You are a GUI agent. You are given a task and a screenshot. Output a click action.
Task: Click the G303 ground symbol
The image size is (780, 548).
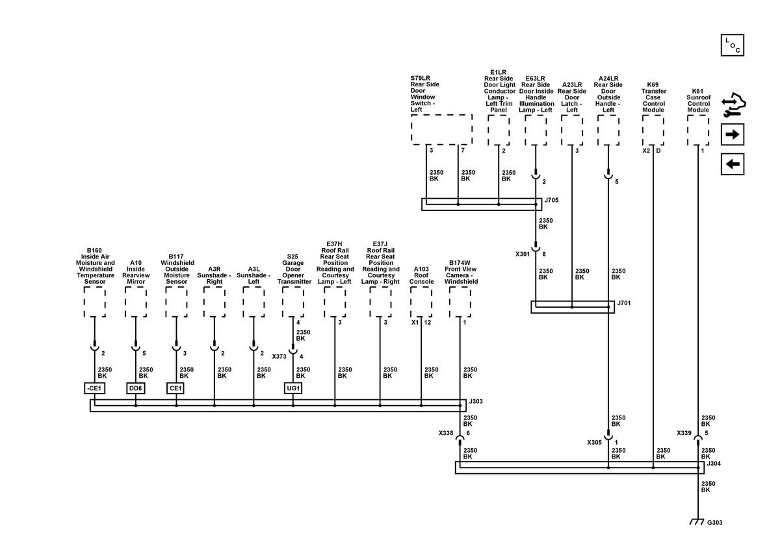click(x=696, y=521)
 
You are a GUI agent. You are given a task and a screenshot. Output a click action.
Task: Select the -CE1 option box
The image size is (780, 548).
click(x=94, y=388)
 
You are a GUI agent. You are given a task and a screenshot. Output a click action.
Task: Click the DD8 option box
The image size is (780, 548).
click(x=135, y=388)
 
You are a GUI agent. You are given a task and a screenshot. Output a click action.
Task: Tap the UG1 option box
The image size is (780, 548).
click(x=293, y=388)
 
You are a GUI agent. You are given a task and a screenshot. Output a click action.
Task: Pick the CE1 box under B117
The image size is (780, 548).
click(x=175, y=388)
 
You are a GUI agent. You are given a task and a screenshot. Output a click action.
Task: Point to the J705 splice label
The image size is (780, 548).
click(x=551, y=200)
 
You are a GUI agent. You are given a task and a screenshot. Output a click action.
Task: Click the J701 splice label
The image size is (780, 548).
click(x=623, y=303)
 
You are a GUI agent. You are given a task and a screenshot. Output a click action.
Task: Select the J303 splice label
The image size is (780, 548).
click(x=476, y=401)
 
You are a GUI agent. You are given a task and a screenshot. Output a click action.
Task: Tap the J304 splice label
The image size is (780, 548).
click(x=714, y=464)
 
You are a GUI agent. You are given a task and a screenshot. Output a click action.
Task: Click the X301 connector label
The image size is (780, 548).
click(x=523, y=254)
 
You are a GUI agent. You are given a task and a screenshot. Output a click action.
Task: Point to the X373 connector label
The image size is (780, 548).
click(x=279, y=356)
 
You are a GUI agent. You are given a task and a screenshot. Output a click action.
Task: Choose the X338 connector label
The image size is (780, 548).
click(x=446, y=433)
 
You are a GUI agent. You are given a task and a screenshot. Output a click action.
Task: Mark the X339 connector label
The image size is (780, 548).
click(x=684, y=433)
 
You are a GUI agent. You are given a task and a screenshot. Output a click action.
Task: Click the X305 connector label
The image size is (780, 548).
click(x=594, y=443)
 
